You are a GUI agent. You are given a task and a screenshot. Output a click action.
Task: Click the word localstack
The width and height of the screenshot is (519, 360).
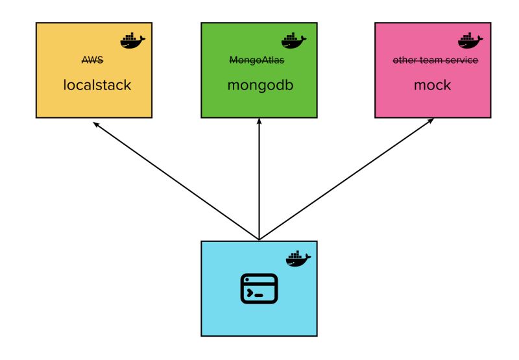pos(97,85)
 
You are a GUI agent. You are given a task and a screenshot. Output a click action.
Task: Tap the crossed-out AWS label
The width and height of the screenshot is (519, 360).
pos(92,60)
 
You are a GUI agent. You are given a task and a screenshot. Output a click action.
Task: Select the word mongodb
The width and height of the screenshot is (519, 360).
pos(259,85)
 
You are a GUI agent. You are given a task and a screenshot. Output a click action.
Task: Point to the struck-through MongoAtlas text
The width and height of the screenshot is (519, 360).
pos(257,60)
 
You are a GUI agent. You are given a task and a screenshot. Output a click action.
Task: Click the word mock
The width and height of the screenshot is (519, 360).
pos(432,85)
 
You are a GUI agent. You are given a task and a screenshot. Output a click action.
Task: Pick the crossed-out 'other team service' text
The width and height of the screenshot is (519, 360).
pos(435,60)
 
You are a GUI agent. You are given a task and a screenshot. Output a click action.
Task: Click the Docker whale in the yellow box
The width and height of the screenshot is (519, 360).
pos(132,40)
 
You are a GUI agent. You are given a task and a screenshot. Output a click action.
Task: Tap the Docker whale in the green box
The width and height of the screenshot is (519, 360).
pos(294,40)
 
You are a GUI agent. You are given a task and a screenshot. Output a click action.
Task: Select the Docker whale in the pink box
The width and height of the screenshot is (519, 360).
pos(470,40)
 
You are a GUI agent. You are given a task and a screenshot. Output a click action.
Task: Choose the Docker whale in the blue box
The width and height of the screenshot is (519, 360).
pos(298,258)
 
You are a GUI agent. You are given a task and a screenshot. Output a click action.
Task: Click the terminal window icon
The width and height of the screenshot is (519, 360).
pos(259,289)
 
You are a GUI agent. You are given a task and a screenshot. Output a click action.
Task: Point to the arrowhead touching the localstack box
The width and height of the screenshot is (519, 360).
pos(96,123)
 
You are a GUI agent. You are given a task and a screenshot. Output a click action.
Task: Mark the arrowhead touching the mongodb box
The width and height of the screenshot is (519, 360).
pos(259,121)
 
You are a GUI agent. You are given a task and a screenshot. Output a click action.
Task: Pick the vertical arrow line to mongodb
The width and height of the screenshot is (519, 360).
pos(259,182)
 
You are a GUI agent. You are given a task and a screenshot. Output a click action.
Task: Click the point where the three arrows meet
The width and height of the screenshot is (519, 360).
pos(259,239)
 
